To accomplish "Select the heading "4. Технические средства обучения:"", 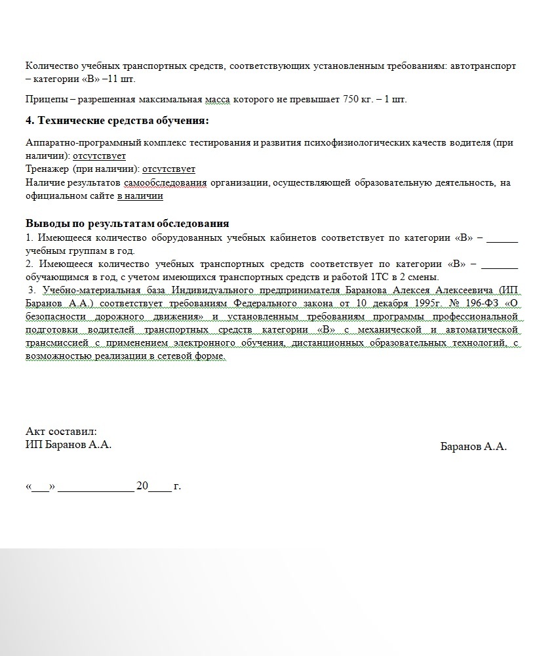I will pos(117,121).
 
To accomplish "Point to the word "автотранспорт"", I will pos(484,66).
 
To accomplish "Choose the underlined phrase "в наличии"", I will pos(140,195).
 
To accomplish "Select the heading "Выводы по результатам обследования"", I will pos(127,223).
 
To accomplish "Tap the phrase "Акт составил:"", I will pos(61,431).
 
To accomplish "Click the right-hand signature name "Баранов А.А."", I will pos(473,446).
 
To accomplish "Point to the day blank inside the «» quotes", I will pos(41,487).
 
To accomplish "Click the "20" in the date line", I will pos(142,486).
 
